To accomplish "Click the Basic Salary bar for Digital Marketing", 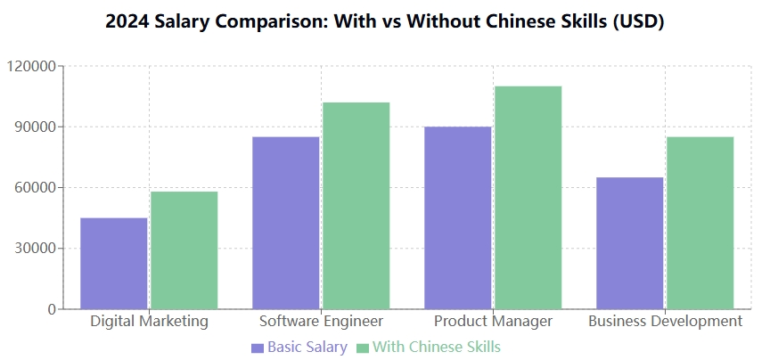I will [x=114, y=263].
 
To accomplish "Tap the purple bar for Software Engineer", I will [x=285, y=223].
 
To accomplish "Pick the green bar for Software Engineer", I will [x=356, y=205].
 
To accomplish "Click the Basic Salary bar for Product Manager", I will [x=457, y=217].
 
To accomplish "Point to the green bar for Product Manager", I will [x=528, y=197].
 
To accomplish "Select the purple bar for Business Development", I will [x=629, y=242].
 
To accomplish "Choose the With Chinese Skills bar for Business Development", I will [x=700, y=223].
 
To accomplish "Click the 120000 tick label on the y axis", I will [x=31, y=66].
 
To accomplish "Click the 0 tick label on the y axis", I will [x=52, y=309].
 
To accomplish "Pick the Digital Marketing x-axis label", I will [x=149, y=321].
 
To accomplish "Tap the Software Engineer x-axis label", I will [x=321, y=321].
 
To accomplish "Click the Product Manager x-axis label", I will [x=493, y=321].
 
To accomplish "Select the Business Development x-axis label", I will [x=665, y=321].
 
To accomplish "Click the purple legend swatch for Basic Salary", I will [x=258, y=348].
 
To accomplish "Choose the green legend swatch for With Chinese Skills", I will [x=363, y=348].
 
